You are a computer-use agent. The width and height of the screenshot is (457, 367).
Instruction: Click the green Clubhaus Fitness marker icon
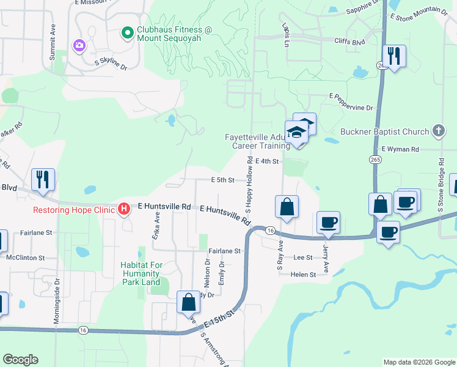(127, 32)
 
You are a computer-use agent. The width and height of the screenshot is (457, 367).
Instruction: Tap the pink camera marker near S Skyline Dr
(79, 46)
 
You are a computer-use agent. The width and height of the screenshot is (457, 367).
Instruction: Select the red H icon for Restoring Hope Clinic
(124, 209)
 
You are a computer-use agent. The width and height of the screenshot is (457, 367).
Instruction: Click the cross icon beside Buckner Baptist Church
(437, 130)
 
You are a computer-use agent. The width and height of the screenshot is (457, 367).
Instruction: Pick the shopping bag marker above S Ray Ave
(287, 207)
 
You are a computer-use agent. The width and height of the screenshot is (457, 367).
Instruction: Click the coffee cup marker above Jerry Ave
(329, 222)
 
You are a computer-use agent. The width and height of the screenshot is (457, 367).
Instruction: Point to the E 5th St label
(223, 180)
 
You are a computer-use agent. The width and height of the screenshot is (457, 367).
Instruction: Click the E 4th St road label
(266, 161)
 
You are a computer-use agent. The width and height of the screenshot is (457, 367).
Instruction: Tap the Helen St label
(304, 275)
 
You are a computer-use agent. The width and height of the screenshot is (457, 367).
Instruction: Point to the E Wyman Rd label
(400, 149)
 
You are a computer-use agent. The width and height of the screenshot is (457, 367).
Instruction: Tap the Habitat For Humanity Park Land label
(140, 273)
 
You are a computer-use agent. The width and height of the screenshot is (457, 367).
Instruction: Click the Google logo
(20, 360)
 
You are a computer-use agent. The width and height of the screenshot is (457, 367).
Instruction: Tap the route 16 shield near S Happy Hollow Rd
(269, 230)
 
